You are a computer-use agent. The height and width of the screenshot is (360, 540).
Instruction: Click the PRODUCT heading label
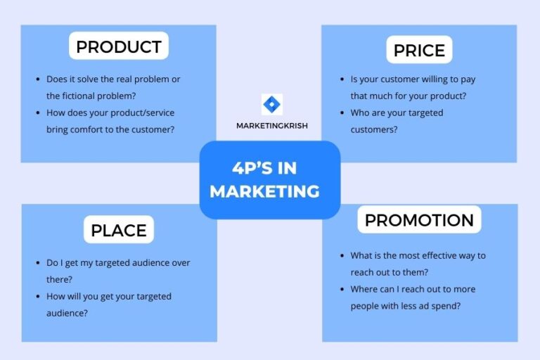point(119,47)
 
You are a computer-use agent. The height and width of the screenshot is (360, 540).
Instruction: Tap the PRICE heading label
point(419,50)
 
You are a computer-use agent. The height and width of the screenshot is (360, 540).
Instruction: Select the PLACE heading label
point(119,230)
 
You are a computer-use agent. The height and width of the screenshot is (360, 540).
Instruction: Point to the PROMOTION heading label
point(419,220)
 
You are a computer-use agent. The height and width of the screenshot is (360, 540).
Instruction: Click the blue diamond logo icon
point(271,105)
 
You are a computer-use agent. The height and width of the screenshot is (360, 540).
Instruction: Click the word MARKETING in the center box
point(264,191)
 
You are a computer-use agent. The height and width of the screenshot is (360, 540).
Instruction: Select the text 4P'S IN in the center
point(264,168)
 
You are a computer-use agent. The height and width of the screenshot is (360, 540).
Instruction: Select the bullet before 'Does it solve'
point(37,79)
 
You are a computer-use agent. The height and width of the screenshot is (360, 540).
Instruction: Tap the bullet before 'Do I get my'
point(37,263)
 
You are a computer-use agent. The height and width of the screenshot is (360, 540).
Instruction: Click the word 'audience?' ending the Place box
point(67,314)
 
